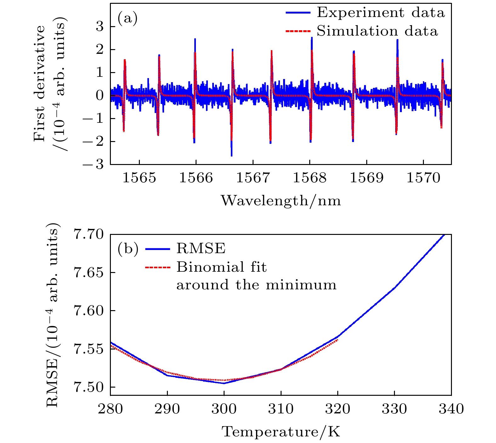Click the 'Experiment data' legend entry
[x=380, y=13]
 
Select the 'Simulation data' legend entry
[x=377, y=31]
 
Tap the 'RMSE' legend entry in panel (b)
[x=201, y=249]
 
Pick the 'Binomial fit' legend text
[x=221, y=267]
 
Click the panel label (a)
[x=128, y=19]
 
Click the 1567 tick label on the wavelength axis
[x=253, y=178]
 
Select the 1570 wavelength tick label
[x=423, y=178]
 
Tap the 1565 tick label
[x=139, y=178]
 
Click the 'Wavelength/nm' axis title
[x=281, y=201]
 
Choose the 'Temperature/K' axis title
[x=281, y=432]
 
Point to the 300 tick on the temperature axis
[x=224, y=409]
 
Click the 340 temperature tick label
[x=451, y=409]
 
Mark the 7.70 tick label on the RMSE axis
[x=88, y=235]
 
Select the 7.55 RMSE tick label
[x=88, y=349]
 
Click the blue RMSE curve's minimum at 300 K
[x=224, y=383]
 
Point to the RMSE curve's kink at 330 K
[x=394, y=288]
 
